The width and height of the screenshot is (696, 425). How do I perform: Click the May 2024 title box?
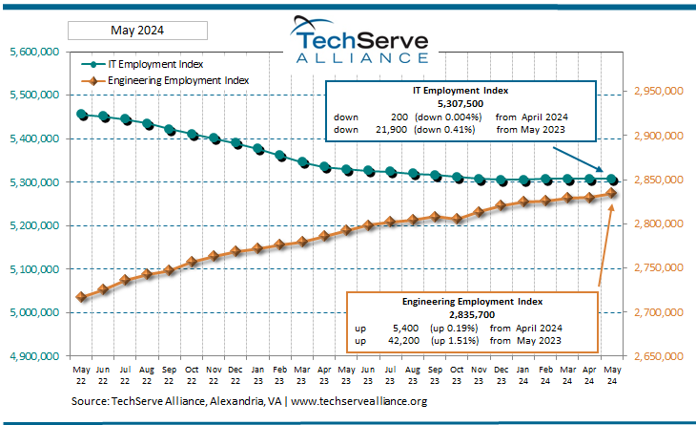(130, 31)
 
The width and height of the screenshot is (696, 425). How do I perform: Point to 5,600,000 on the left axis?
(33, 52)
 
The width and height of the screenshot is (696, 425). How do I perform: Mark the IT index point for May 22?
(81, 115)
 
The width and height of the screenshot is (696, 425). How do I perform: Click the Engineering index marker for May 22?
(81, 297)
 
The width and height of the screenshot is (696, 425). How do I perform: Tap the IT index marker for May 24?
(611, 180)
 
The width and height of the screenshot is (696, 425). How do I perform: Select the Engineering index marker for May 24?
(611, 193)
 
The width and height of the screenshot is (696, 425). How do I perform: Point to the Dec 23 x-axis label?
(501, 372)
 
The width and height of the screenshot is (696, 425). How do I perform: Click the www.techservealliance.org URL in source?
(358, 402)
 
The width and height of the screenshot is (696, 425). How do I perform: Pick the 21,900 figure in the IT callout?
(379, 129)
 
